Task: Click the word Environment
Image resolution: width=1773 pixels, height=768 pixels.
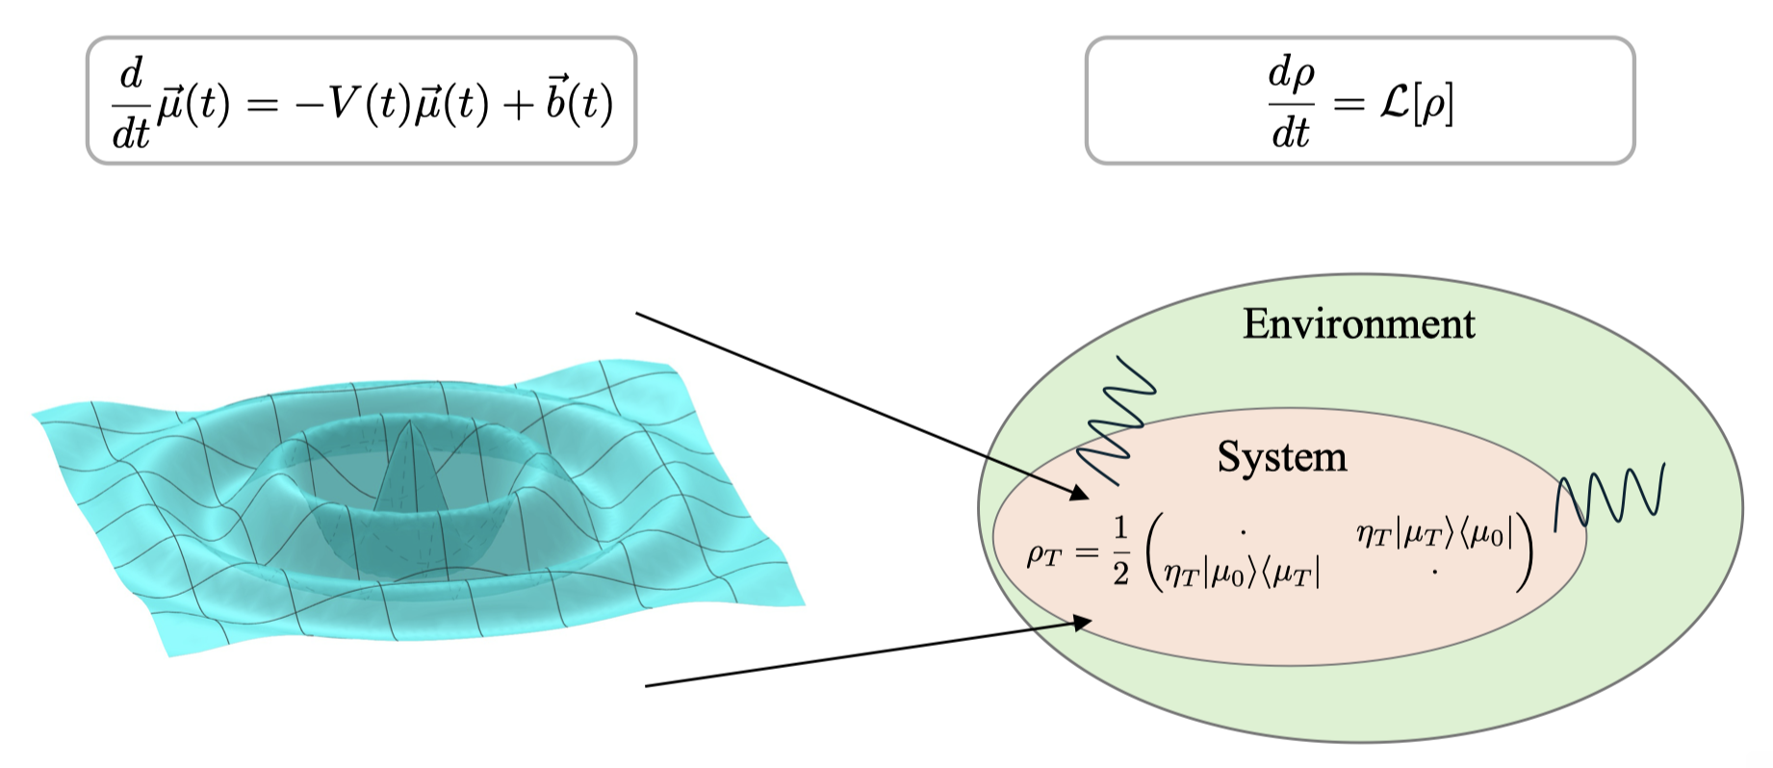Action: [x=1358, y=324]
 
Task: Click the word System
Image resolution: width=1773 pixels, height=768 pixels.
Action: [x=1281, y=456]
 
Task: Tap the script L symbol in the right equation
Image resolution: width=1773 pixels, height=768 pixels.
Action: [x=1394, y=102]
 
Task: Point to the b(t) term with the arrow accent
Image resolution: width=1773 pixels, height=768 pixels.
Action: [x=578, y=101]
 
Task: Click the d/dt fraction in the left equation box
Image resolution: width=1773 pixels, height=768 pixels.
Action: [x=131, y=103]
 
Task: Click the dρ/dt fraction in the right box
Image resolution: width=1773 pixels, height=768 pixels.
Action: [x=1291, y=103]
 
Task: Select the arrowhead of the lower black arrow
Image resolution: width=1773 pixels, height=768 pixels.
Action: [x=1082, y=623]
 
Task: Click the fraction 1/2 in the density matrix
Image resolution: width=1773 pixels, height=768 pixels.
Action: [x=1119, y=551]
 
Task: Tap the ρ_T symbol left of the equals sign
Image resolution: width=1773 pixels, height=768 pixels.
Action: [x=1045, y=553]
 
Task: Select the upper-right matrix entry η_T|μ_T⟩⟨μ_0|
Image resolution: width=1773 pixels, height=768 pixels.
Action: [x=1434, y=534]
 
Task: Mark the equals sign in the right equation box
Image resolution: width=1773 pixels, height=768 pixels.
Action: [x=1348, y=103]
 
